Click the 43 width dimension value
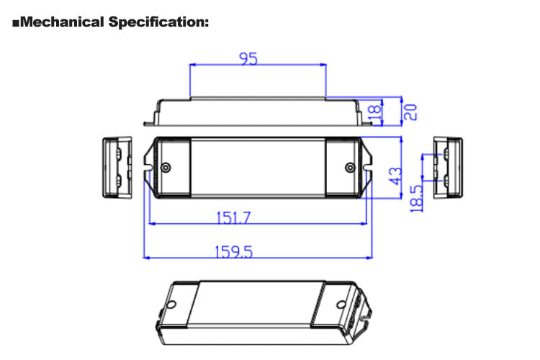395,174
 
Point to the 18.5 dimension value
415,197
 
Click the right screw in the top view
350,168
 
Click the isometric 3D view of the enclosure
266,310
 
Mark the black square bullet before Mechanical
17,23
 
